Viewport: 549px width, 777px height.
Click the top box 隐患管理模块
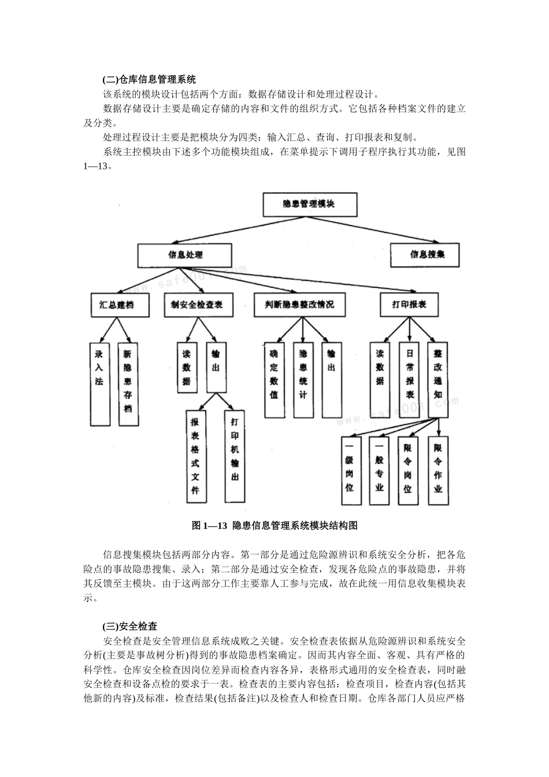point(310,204)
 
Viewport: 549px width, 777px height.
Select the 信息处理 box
point(185,255)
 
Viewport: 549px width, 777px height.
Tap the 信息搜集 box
point(426,254)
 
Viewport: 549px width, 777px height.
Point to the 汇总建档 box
point(120,305)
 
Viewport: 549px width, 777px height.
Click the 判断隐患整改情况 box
point(299,305)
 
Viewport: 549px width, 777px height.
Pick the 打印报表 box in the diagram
point(409,305)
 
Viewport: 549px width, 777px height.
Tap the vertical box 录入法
point(99,384)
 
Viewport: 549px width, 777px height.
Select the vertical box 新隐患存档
point(128,384)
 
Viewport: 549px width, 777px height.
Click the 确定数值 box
point(274,380)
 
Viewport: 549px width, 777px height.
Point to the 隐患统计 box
point(303,380)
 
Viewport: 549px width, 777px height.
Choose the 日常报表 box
point(410,376)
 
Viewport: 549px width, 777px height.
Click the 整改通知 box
point(438,376)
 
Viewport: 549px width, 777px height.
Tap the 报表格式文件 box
point(195,456)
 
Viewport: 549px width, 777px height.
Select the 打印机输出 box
point(234,456)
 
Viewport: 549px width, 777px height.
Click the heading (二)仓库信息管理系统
point(149,80)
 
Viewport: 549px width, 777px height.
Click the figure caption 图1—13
point(274,526)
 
